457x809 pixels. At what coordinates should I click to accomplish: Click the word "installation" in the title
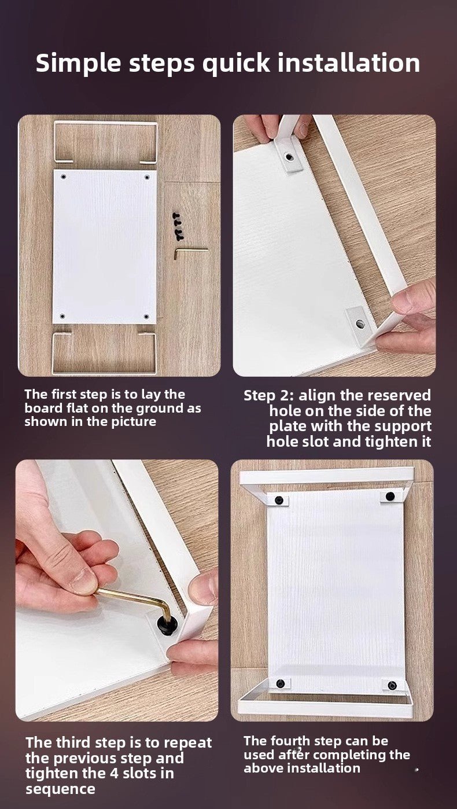(x=349, y=63)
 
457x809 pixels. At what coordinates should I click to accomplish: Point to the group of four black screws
(x=177, y=226)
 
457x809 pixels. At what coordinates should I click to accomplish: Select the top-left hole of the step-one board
(x=64, y=177)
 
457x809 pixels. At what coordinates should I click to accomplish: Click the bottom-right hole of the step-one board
(x=146, y=317)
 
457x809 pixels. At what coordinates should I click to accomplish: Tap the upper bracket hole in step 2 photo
(x=289, y=157)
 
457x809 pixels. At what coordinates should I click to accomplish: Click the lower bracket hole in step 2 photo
(x=360, y=323)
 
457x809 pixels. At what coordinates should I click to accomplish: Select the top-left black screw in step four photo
(x=279, y=500)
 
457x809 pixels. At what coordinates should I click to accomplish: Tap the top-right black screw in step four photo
(x=390, y=497)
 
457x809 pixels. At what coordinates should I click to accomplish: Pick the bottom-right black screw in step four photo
(x=392, y=685)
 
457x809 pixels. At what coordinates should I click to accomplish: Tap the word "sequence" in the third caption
(x=60, y=789)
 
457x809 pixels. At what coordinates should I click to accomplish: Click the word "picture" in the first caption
(x=134, y=421)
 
